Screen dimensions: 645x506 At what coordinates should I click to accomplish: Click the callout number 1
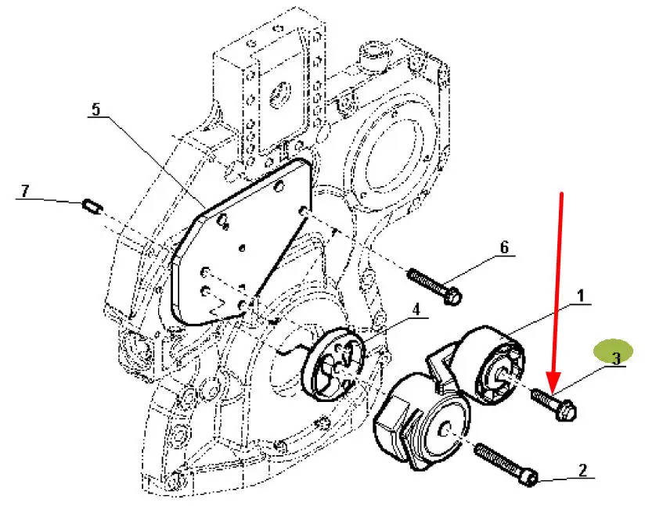580,296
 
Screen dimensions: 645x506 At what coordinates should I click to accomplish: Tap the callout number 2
582,470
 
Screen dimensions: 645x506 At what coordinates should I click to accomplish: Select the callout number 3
616,358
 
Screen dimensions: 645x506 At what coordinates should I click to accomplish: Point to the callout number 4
416,309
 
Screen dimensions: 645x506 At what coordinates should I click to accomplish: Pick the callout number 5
95,109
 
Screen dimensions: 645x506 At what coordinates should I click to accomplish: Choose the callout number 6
504,246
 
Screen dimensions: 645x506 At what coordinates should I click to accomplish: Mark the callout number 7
26,191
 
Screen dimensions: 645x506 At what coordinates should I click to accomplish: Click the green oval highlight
614,351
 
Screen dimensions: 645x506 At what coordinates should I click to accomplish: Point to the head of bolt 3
567,411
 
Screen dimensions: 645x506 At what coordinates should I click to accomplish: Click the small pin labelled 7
92,206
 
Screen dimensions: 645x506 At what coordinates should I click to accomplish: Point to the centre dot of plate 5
242,248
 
